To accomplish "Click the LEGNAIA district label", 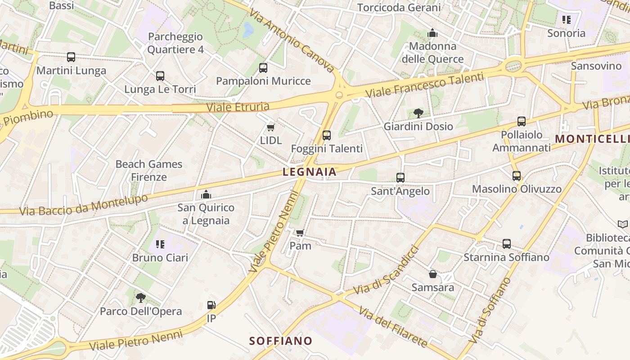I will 310,172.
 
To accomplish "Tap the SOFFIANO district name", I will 281,341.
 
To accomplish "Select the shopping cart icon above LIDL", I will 271,128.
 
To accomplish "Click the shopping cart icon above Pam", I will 300,233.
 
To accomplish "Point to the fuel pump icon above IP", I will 211,305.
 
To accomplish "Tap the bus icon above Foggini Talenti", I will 327,135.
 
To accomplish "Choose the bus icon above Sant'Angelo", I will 400,178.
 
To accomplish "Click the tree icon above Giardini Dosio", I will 418,113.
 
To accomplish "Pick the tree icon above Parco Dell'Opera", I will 141,297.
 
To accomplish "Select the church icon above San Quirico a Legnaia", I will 206,194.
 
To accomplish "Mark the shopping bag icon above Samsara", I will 433,274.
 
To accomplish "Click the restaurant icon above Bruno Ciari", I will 160,244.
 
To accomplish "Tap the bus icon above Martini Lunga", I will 71,57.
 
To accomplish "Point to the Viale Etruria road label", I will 238,107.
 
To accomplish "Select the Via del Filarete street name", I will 392,327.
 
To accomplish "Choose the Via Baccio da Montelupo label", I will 84,205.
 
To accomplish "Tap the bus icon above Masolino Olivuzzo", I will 517,176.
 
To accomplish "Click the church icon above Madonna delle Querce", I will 432,33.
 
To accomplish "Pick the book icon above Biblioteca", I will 623,224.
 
